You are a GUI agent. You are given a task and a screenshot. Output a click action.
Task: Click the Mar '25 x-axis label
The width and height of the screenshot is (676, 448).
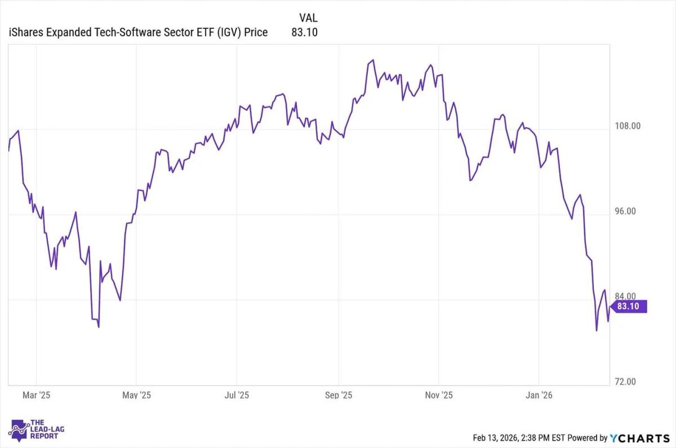pos(37,395)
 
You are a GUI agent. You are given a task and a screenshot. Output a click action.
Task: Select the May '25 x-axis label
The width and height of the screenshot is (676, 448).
pos(136,395)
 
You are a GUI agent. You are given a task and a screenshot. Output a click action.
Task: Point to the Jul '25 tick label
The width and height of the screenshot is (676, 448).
pos(237,395)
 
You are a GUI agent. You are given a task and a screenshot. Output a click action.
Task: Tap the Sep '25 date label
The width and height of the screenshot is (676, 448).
pos(339,395)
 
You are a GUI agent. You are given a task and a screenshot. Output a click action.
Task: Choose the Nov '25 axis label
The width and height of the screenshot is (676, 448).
pos(439,395)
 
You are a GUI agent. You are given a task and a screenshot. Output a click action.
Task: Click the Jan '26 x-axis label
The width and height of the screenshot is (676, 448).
pos(539,395)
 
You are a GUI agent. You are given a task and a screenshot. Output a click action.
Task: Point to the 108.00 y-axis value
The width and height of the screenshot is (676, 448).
pos(627,126)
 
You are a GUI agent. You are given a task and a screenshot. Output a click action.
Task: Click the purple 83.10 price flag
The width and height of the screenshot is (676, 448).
pos(630,307)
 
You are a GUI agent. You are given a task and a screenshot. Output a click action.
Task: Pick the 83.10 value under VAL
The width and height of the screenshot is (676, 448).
pos(304,32)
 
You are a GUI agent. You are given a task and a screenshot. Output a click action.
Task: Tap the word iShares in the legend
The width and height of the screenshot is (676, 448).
pos(26,32)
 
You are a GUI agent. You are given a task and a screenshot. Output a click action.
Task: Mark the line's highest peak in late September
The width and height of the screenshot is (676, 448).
pos(372,60)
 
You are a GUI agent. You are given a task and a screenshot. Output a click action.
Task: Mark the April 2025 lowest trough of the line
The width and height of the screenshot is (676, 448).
pos(99,327)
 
